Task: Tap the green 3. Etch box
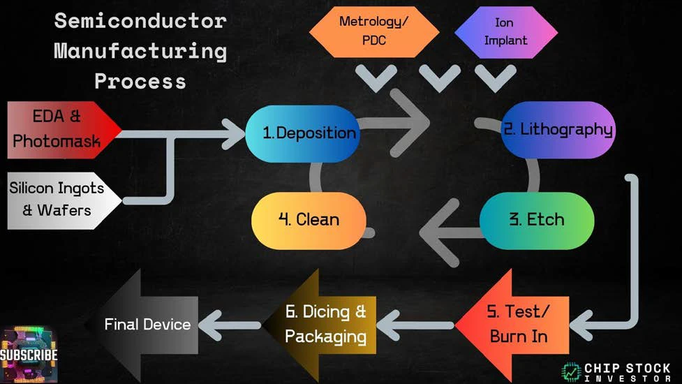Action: [x=537, y=220]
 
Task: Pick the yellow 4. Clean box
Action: [x=309, y=220]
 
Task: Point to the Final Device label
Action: [x=147, y=324]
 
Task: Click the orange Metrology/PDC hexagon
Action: [x=373, y=31]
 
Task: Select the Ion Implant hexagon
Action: [x=505, y=31]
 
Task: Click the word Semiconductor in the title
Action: [x=140, y=21]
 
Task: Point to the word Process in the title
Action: [x=140, y=80]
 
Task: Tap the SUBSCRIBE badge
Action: [x=29, y=355]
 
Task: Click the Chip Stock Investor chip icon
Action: [x=571, y=371]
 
